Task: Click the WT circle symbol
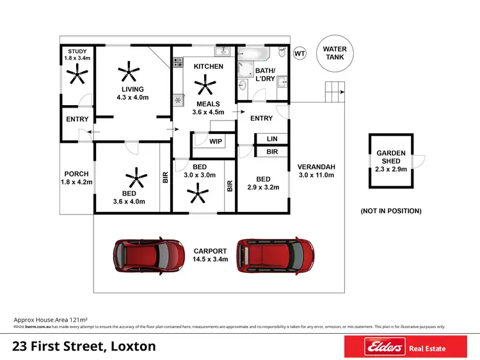click(299, 54)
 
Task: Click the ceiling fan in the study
click(77, 76)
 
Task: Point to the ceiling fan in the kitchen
click(207, 83)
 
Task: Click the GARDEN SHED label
click(390, 157)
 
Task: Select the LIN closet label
click(272, 138)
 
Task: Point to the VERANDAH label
click(316, 168)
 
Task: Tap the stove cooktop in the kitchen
click(177, 63)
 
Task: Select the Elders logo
click(386, 348)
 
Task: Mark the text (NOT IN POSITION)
click(390, 211)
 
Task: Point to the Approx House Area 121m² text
click(51, 318)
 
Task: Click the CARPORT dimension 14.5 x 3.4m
click(211, 259)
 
